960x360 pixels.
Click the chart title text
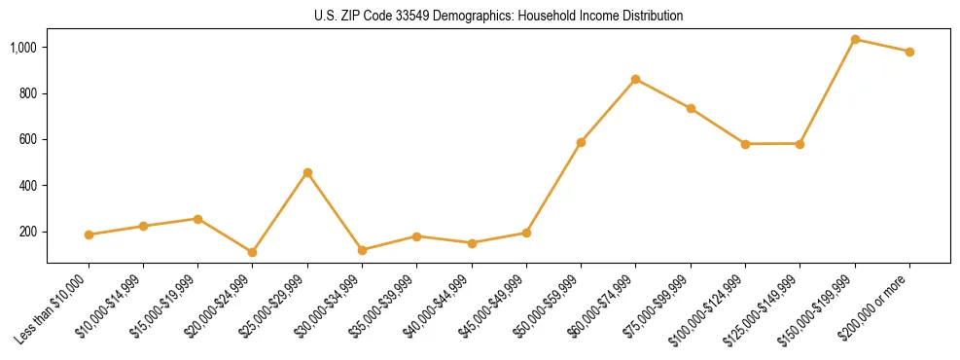click(498, 16)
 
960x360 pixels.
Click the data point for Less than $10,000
click(89, 234)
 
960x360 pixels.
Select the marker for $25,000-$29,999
click(307, 172)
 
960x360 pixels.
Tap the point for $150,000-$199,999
click(855, 39)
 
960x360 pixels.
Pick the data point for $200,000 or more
click(909, 52)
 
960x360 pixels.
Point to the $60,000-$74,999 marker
click(635, 79)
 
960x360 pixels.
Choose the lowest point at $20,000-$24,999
click(252, 252)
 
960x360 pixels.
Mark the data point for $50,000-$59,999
click(581, 142)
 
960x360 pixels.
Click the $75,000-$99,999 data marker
click(691, 108)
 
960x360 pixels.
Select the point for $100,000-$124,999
click(745, 144)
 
